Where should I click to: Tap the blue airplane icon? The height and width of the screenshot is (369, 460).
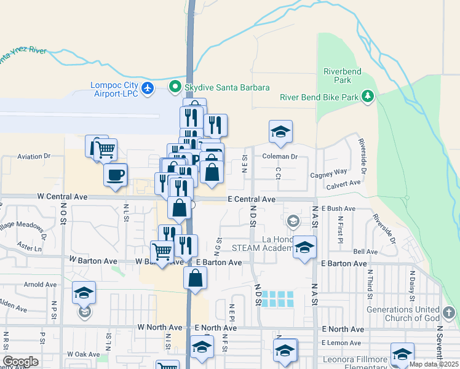[147, 89]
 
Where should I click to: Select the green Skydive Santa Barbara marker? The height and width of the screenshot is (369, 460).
[175, 87]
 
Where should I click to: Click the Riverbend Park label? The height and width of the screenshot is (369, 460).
[338, 76]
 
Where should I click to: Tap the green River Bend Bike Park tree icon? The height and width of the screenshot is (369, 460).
[368, 96]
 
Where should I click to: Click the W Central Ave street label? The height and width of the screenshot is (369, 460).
[62, 197]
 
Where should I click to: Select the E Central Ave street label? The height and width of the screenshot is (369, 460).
[251, 199]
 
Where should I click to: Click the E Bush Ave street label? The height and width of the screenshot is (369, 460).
[338, 209]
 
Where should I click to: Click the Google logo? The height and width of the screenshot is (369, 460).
[21, 362]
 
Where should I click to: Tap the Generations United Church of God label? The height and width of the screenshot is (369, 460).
[403, 313]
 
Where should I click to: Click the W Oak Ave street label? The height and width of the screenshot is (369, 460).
[83, 354]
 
